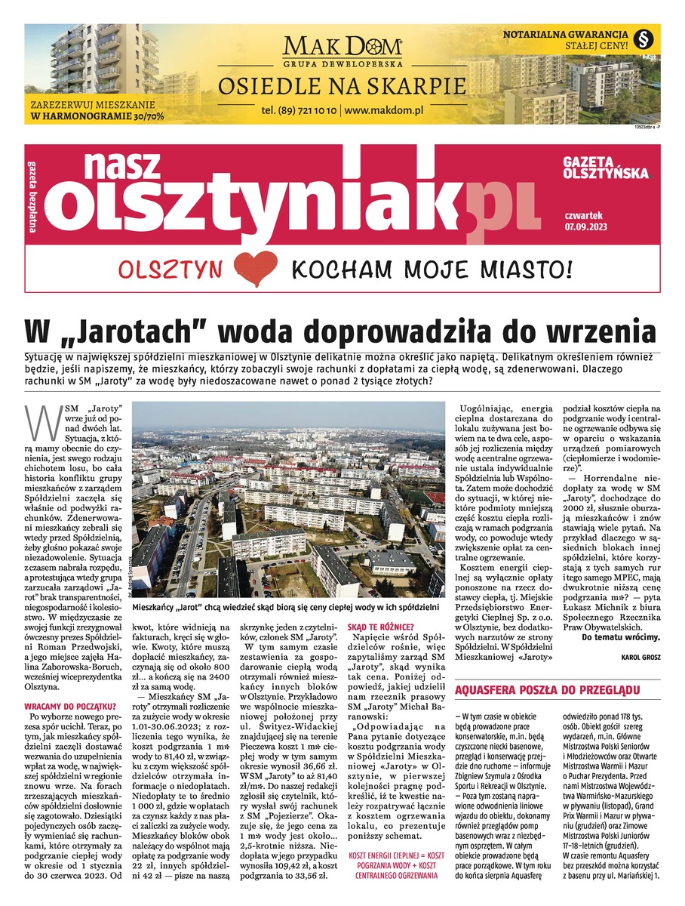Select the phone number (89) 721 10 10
tap(298, 109)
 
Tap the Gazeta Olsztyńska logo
tap(605, 168)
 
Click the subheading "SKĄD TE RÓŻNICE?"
tap(380, 626)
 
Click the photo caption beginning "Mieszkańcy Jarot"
tap(284, 606)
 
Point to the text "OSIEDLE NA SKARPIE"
tap(342, 86)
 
